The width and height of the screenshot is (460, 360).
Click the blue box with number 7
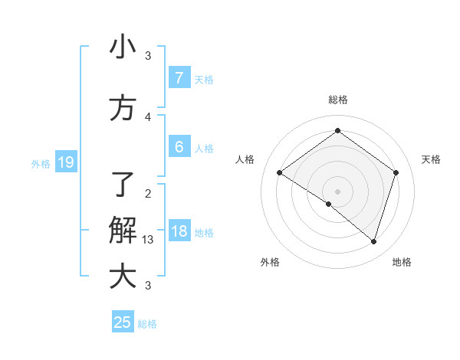179,77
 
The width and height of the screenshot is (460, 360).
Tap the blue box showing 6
179,147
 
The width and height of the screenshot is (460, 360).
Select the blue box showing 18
179,231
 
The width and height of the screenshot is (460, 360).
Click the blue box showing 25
123,322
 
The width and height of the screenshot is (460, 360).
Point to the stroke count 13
148,240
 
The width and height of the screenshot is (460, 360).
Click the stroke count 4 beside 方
148,116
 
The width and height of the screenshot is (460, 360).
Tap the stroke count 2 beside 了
148,193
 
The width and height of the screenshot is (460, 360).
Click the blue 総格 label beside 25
147,324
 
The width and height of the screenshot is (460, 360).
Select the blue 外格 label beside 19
41,163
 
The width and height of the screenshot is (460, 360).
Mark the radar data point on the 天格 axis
396,173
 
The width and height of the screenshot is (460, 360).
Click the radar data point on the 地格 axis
373,241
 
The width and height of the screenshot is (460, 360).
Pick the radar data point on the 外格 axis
329,204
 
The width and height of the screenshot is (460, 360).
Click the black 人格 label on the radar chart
245,159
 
